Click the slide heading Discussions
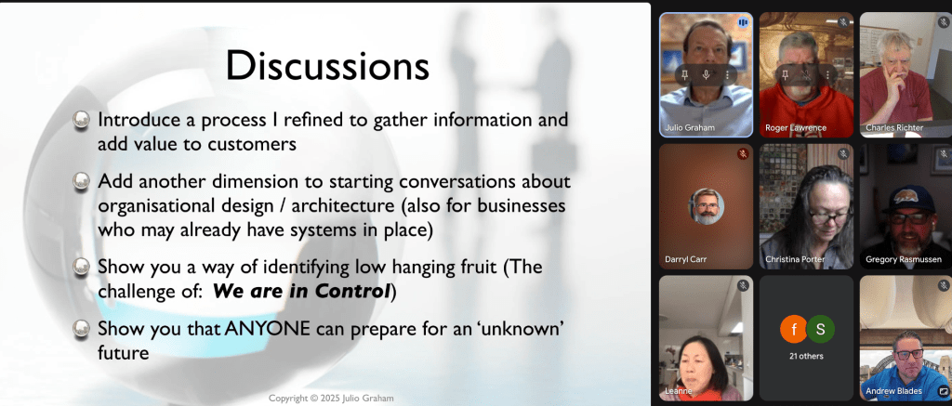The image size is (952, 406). (x=328, y=66)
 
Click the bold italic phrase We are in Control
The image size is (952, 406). (x=301, y=292)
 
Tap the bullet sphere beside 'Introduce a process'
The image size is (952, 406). (x=81, y=120)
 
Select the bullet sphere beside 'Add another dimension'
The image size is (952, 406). (x=81, y=181)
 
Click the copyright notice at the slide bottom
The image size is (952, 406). (x=332, y=399)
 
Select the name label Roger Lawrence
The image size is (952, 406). (x=796, y=127)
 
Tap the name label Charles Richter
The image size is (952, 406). (x=894, y=127)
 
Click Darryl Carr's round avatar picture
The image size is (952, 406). (x=707, y=206)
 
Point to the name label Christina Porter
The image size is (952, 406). (x=795, y=259)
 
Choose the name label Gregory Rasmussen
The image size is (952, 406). (x=904, y=259)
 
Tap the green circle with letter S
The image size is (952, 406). (x=821, y=330)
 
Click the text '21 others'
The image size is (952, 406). (x=806, y=356)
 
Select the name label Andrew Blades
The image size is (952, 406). (x=893, y=391)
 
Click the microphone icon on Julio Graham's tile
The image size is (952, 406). (x=707, y=74)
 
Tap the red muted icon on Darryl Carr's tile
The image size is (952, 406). (x=743, y=154)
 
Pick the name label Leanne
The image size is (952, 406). (x=678, y=391)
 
